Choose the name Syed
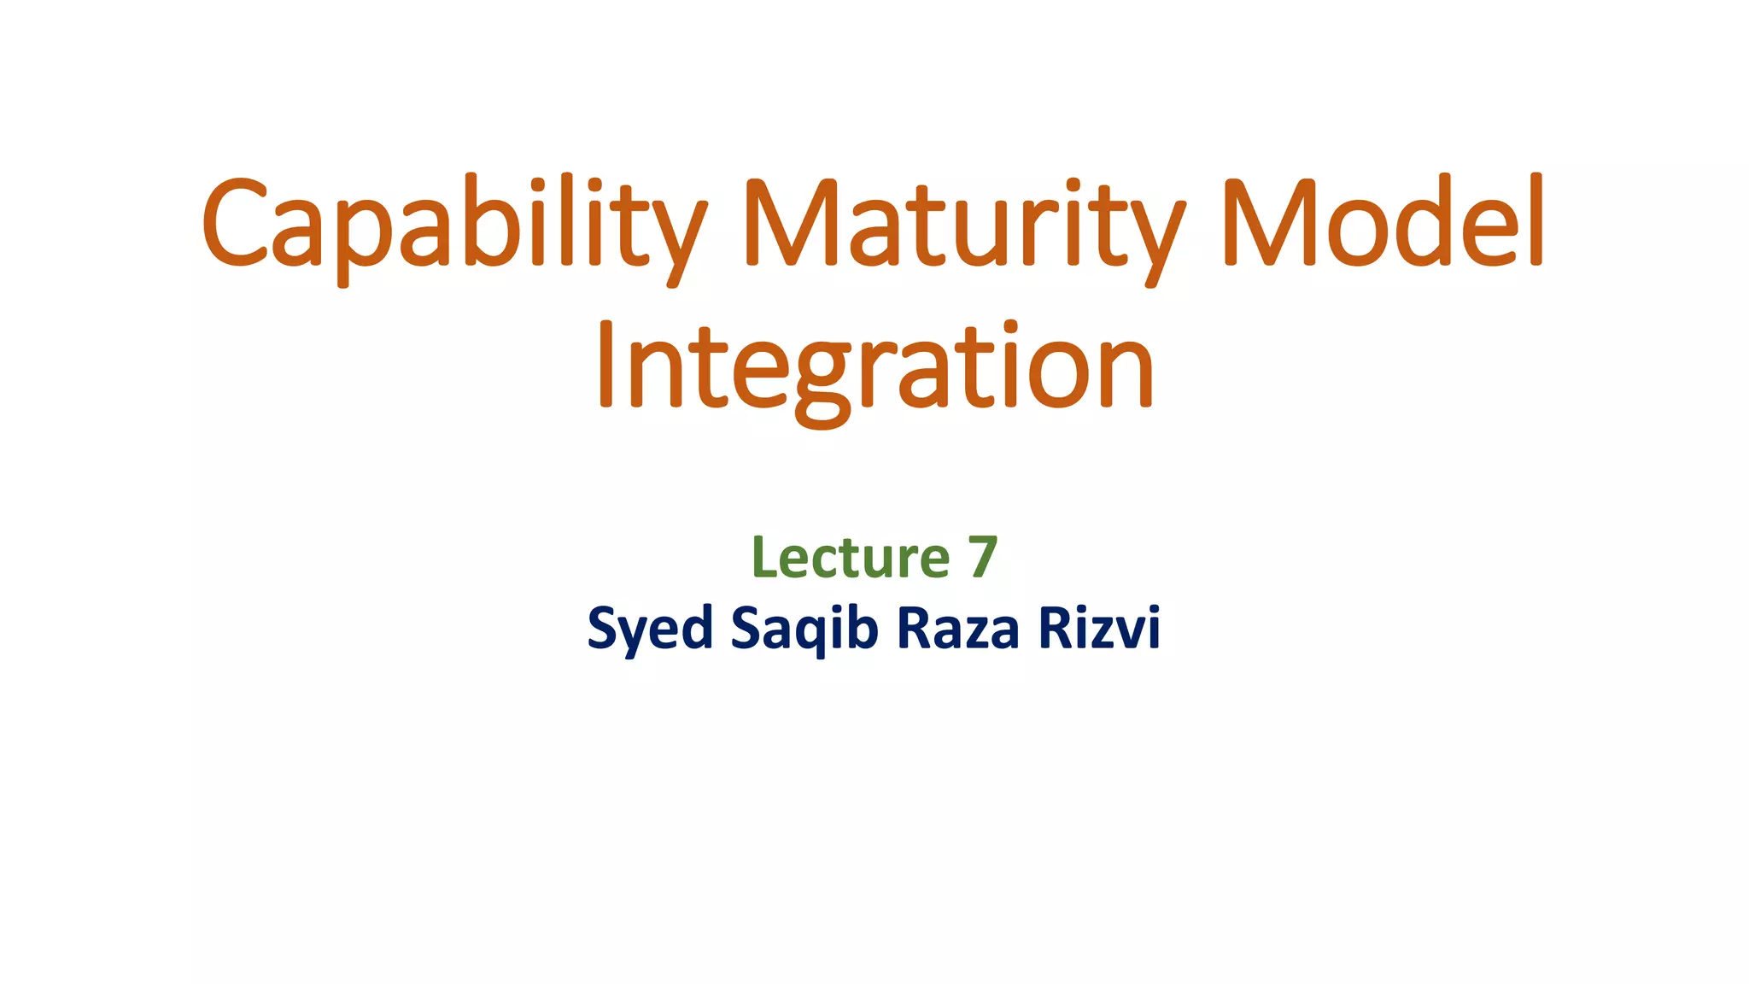tap(650, 630)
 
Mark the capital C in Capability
tap(234, 222)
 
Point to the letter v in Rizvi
tap(1128, 632)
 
